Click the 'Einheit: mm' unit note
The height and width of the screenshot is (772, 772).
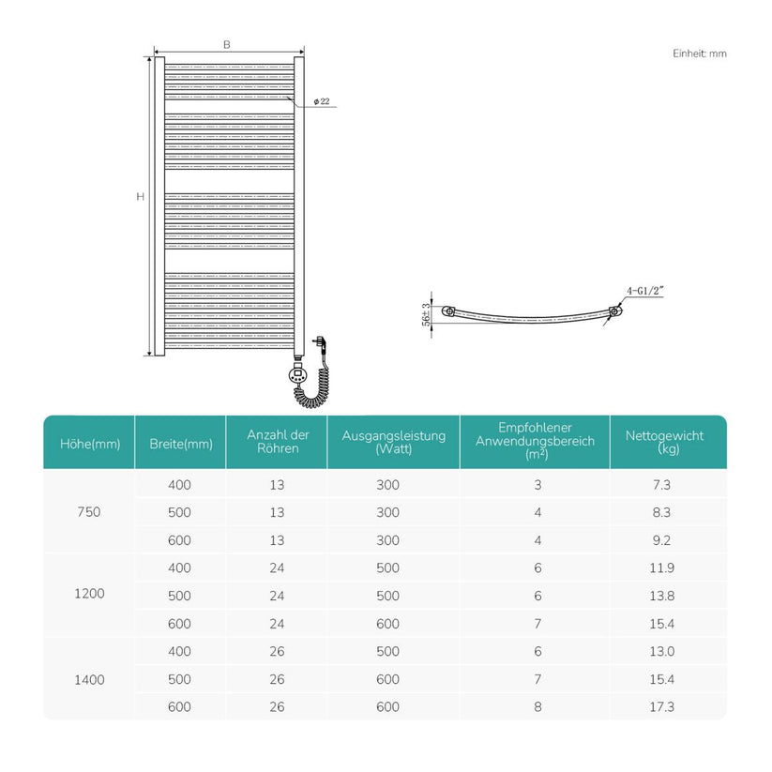pos(699,53)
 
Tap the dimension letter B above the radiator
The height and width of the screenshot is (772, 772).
pos(226,44)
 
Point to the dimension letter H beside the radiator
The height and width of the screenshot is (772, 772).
pos(141,196)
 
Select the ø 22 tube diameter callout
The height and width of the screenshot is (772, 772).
pos(322,101)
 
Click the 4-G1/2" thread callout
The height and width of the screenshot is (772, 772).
pos(645,291)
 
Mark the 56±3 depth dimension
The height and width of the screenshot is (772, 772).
pos(426,314)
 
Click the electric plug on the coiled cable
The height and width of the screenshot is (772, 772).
pos(321,343)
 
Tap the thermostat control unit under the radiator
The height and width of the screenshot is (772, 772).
pos(297,374)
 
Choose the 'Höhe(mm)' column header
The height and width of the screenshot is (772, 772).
pos(90,444)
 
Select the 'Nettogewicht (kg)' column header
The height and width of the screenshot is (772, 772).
pos(665,442)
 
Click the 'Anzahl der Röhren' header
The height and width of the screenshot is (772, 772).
pos(278,441)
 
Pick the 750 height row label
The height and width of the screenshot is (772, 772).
pos(88,512)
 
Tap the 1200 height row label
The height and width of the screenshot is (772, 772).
pos(89,593)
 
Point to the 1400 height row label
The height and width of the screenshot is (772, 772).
pos(89,680)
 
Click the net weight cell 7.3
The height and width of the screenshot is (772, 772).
pos(661,485)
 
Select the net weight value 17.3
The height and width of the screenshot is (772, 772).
pos(661,707)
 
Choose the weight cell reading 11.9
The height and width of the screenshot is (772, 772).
pos(661,568)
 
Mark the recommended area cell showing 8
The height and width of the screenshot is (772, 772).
pos(537,707)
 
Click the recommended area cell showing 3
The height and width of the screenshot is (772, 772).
pos(537,485)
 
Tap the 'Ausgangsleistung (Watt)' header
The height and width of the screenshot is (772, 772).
pos(394,442)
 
